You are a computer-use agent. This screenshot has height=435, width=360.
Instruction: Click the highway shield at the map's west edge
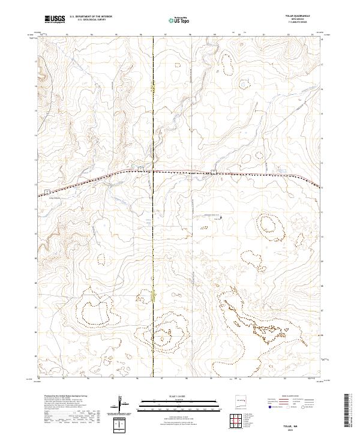(x=46, y=191)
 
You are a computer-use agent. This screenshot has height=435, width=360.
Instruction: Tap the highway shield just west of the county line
(x=140, y=169)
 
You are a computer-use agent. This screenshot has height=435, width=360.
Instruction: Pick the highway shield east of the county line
(x=214, y=172)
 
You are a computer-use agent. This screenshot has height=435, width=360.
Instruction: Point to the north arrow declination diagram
(x=122, y=404)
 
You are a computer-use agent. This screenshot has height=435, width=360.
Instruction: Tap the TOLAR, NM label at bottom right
(x=308, y=424)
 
